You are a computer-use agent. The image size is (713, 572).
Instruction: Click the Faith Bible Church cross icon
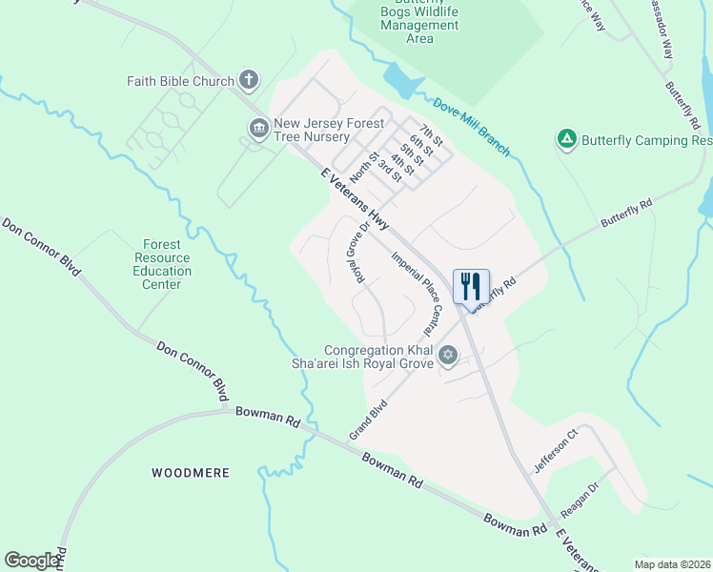pos(249,80)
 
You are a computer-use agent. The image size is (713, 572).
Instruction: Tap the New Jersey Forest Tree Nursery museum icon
pos(258,129)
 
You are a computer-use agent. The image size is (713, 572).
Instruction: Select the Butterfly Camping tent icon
pos(566,139)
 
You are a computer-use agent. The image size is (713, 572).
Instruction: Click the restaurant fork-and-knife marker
pos(471,286)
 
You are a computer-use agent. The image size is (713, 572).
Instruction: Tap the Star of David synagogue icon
pos(448,357)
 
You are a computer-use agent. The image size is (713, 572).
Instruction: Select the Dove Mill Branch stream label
pos(471,127)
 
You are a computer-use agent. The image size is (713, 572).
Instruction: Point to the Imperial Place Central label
pos(418,291)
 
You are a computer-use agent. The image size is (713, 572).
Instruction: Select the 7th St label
pos(432,135)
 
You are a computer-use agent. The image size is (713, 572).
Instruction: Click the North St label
pos(364,166)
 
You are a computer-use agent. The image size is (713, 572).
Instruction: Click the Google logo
pos(31,561)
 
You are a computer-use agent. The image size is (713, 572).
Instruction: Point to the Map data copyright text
pos(672,564)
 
